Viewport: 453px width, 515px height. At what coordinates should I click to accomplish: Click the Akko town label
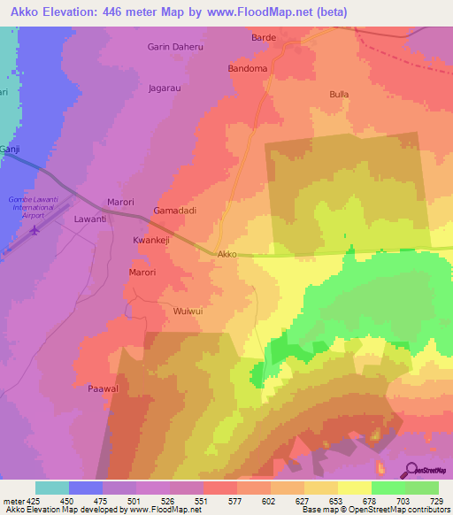(x=227, y=254)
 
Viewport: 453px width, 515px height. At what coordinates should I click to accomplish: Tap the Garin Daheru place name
(x=175, y=48)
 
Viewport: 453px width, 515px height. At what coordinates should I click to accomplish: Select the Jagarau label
(x=165, y=88)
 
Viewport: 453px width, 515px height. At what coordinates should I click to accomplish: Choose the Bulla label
(x=339, y=94)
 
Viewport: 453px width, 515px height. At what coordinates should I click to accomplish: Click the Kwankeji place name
(x=150, y=240)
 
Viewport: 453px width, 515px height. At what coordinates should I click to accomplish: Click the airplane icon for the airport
(x=35, y=231)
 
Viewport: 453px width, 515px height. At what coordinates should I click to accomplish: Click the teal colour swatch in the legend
(x=52, y=488)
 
